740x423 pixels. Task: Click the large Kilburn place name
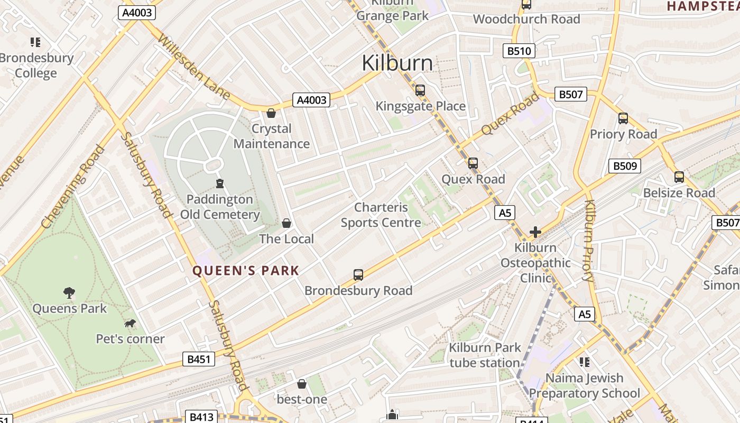(x=397, y=63)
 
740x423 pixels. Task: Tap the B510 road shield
(x=519, y=51)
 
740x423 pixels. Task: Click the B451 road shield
(x=199, y=360)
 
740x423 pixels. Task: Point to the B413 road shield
(x=201, y=417)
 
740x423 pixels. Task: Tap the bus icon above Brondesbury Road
(x=358, y=275)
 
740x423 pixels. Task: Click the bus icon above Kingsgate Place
(x=420, y=90)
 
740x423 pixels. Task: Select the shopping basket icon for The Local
(x=286, y=223)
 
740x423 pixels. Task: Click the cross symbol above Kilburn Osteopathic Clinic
(x=535, y=232)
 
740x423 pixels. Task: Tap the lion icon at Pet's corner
(x=129, y=323)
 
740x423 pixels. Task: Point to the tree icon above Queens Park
(x=69, y=292)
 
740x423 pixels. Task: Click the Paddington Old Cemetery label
(x=220, y=207)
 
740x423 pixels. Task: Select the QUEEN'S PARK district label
(x=246, y=271)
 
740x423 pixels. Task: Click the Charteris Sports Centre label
(x=381, y=215)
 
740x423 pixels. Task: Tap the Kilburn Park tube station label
(x=485, y=355)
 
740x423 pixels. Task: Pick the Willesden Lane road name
(x=193, y=67)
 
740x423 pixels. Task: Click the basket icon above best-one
(x=302, y=383)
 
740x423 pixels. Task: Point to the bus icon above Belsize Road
(x=679, y=177)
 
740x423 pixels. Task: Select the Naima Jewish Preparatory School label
(x=584, y=385)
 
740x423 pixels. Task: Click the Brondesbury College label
(x=36, y=65)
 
